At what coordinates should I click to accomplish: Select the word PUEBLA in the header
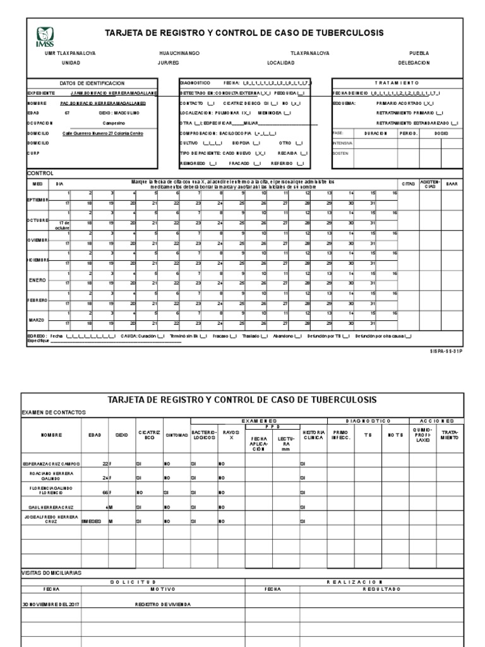(419, 54)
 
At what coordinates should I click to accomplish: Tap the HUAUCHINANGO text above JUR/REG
(179, 54)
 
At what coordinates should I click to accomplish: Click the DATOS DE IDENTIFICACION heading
(92, 83)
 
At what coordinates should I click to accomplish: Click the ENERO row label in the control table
(39, 280)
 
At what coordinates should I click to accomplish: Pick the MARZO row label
(39, 320)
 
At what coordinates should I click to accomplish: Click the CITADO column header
(409, 184)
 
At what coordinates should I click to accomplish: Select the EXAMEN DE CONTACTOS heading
(53, 413)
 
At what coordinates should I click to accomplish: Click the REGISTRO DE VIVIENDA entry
(163, 604)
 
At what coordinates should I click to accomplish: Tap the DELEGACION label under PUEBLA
(414, 63)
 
